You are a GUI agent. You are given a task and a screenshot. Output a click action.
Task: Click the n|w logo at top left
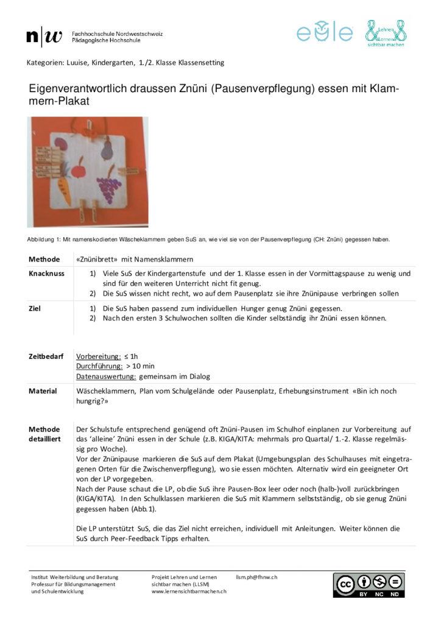coord(44,37)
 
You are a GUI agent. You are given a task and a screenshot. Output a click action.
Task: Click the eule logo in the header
coord(325,32)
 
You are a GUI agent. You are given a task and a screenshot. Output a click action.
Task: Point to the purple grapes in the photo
coord(110,183)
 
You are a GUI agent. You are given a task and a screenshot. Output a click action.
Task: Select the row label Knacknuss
coord(46,274)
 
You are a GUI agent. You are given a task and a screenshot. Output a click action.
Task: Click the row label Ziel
coord(35,308)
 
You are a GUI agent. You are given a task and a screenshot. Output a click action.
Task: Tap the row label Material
coord(43,391)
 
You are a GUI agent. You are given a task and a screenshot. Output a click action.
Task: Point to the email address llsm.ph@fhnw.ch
coord(256,576)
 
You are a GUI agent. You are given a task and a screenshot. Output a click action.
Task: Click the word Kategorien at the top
coord(46,63)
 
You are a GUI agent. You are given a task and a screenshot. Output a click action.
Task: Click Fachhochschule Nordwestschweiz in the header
coord(117,33)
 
